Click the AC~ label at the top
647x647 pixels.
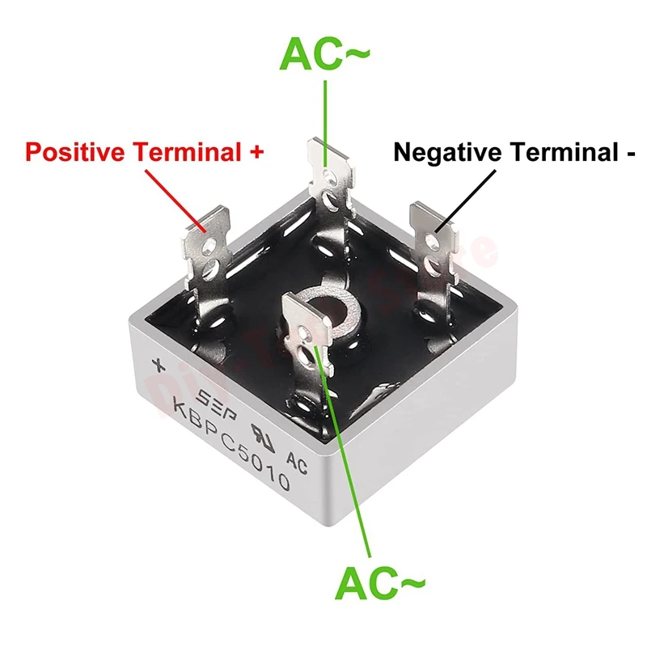[325, 56]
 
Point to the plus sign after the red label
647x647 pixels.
[256, 151]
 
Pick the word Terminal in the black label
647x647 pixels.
[557, 152]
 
